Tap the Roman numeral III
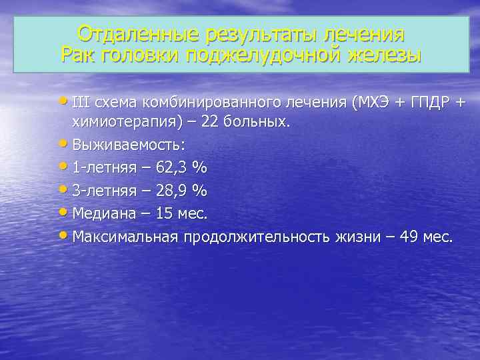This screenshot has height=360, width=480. (x=81, y=103)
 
